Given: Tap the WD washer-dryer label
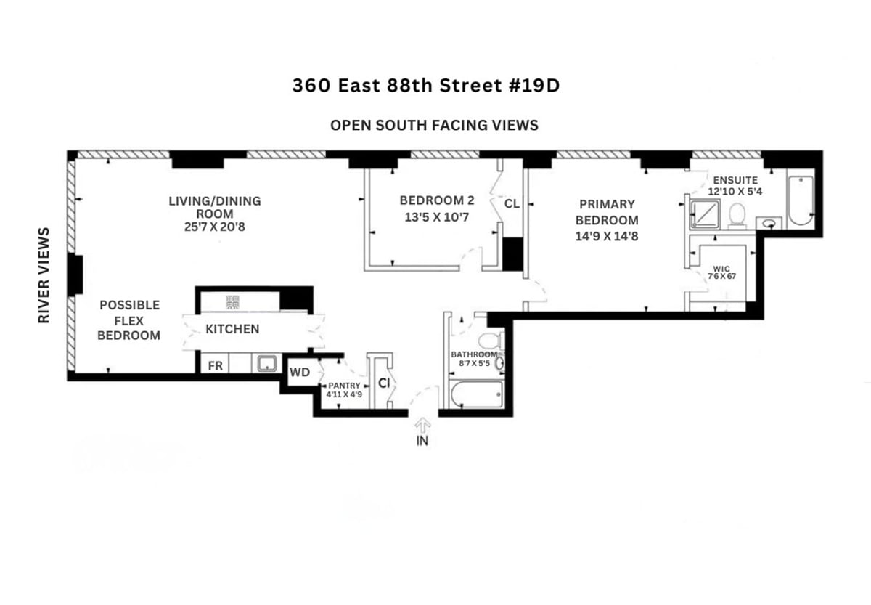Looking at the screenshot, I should pyautogui.click(x=300, y=373).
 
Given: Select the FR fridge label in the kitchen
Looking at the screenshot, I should pyautogui.click(x=216, y=366).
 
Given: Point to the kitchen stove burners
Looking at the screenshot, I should pyautogui.click(x=234, y=301).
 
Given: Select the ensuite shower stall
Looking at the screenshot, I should pyautogui.click(x=703, y=214).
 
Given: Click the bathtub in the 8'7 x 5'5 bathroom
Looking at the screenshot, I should pyautogui.click(x=476, y=395).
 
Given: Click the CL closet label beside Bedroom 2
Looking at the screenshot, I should pyautogui.click(x=512, y=204).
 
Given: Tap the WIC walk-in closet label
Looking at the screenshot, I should pyautogui.click(x=721, y=268).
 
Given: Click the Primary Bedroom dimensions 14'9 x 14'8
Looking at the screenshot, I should pyautogui.click(x=607, y=236).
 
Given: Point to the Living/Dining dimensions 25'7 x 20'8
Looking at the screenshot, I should pyautogui.click(x=214, y=227).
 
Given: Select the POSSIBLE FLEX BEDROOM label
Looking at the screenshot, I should pyautogui.click(x=128, y=320).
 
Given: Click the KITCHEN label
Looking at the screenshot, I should pyautogui.click(x=232, y=329).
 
